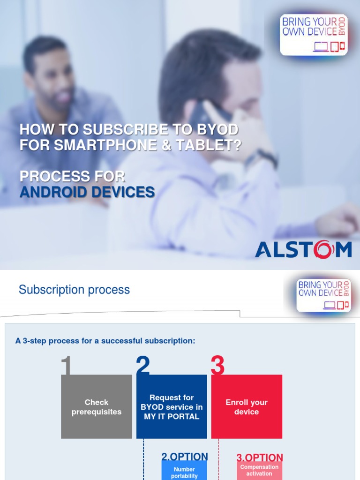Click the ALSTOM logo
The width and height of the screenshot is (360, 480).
303,249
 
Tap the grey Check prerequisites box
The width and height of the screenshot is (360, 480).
97,407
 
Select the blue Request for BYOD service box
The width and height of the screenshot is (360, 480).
172,407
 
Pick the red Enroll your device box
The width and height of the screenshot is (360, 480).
247,407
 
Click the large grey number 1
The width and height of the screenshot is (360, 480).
66,366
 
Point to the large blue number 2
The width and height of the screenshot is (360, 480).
143,366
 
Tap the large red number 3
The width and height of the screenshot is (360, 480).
217,366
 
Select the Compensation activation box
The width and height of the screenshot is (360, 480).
259,470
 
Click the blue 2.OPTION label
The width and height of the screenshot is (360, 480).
185,457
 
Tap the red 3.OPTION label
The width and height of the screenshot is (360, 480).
260,457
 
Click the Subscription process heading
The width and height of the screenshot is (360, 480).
74,290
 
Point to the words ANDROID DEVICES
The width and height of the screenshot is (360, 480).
87,192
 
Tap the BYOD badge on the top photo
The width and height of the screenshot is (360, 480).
314,35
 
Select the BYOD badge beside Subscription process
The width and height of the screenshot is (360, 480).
323,295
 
